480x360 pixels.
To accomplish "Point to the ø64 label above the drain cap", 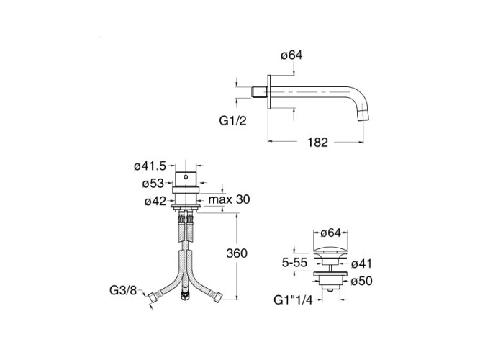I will tap(330, 232).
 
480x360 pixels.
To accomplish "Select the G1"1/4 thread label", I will tap(293, 298).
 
